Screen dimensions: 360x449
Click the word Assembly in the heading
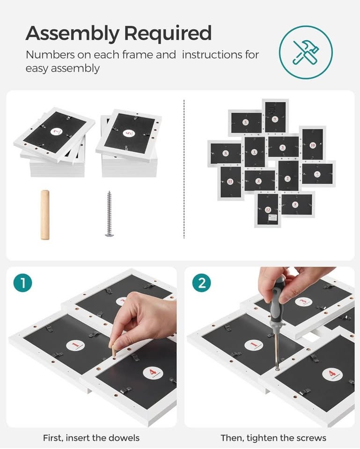[x=72, y=34]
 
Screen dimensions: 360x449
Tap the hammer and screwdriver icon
[x=306, y=52]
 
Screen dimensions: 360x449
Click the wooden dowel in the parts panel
[x=45, y=215]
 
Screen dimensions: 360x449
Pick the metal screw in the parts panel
[x=109, y=214]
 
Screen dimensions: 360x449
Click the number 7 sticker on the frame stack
[x=57, y=132]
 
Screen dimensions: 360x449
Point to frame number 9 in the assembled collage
[x=275, y=117]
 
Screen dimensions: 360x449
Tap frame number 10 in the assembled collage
[x=312, y=145]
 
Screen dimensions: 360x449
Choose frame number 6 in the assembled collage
[x=226, y=153]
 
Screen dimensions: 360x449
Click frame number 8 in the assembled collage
[x=296, y=204]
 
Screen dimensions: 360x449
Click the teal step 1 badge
[x=22, y=283]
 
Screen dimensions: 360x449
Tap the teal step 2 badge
[x=202, y=283]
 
